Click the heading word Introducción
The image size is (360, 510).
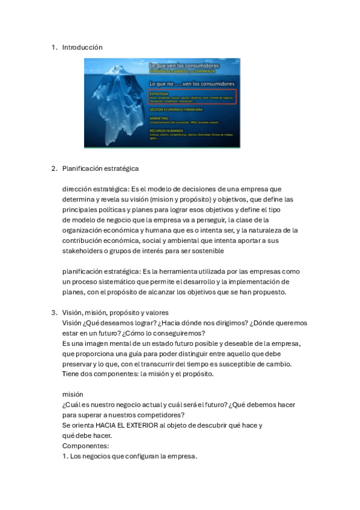82,47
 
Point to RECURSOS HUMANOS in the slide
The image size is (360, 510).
165,130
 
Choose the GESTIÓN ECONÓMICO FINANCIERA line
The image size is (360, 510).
175,109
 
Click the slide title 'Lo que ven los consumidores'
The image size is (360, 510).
184,65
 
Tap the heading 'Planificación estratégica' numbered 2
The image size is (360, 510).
100,168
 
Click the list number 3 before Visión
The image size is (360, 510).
53,312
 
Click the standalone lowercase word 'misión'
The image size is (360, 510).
73,394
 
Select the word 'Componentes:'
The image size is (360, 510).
85,446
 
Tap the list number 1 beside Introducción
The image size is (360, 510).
53,47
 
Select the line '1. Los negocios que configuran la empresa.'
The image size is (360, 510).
129,456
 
